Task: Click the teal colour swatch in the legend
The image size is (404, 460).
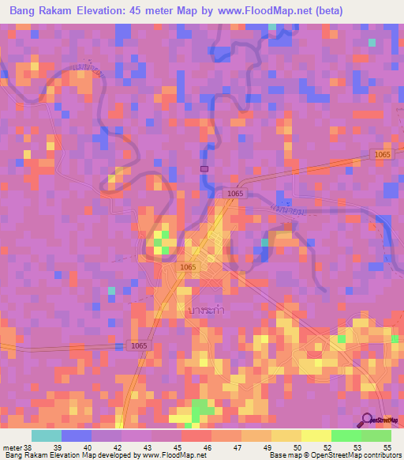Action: [46, 435]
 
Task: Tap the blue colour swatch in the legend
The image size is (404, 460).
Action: [76, 435]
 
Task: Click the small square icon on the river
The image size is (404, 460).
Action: [204, 168]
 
